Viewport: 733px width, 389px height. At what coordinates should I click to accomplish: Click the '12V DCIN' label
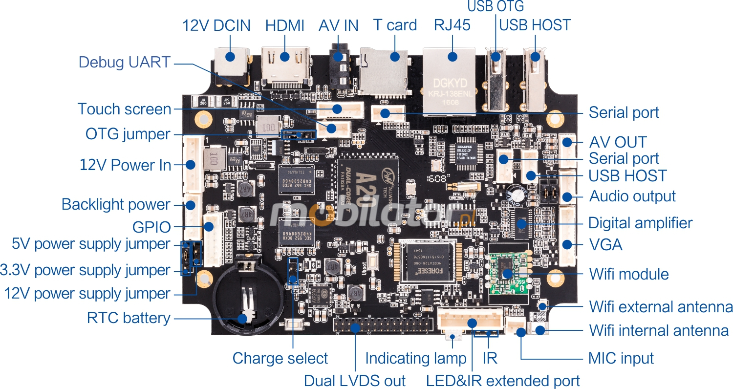pos(216,25)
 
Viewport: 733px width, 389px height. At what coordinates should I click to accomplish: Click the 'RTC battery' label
pos(129,318)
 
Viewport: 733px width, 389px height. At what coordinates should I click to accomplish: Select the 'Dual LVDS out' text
pos(354,381)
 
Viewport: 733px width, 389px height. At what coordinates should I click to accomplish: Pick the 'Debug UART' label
pos(125,62)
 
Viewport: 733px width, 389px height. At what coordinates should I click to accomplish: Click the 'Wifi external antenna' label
pos(661,307)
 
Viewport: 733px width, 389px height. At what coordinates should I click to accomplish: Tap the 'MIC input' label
pos(621,358)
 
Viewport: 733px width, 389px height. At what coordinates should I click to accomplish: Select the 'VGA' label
pos(606,244)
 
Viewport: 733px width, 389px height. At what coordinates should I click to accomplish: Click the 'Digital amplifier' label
pos(640,223)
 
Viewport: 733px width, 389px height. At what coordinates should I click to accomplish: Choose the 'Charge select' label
pos(280,358)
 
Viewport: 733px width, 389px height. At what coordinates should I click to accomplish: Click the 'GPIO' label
pos(151,227)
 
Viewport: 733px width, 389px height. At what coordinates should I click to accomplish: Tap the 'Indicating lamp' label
pos(415,358)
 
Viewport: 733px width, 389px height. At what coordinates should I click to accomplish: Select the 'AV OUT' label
pos(618,143)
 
